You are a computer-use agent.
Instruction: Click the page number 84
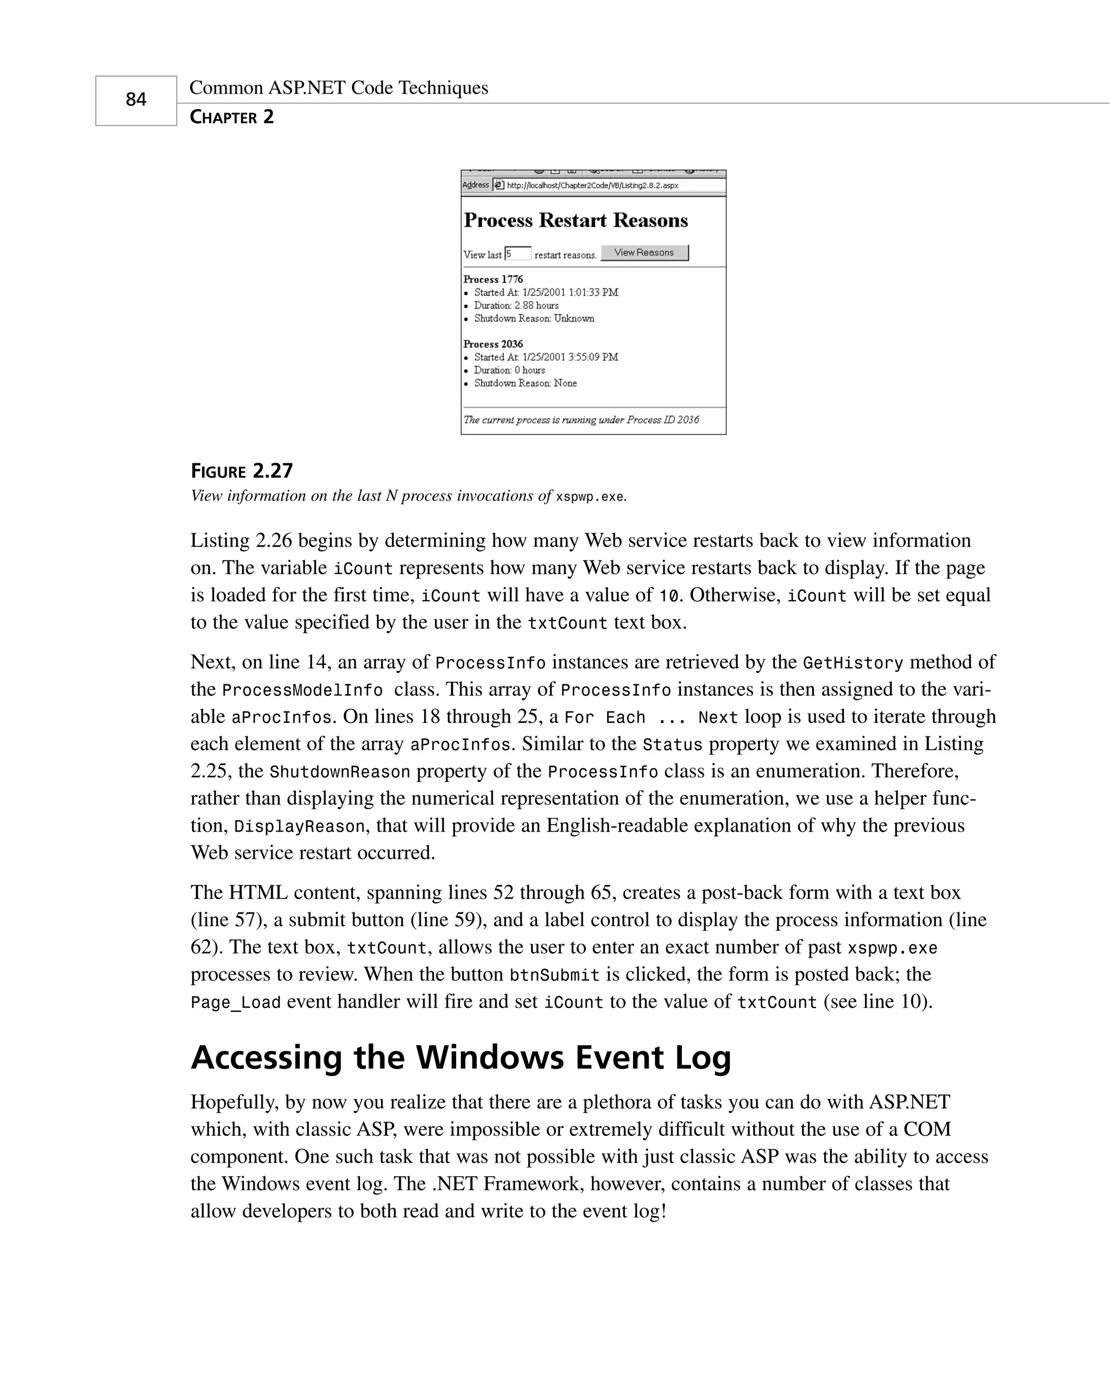(x=136, y=100)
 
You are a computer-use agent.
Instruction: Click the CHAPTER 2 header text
(x=232, y=117)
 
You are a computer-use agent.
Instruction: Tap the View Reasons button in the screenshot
(x=645, y=253)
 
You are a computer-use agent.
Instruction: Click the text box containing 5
(x=518, y=254)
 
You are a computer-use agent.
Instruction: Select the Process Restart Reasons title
(x=575, y=221)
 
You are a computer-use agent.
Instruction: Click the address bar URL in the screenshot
(x=592, y=186)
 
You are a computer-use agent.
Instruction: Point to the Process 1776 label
(x=493, y=279)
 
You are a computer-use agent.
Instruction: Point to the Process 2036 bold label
(x=493, y=344)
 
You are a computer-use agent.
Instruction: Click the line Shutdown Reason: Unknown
(x=534, y=318)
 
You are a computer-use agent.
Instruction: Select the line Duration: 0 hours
(x=509, y=370)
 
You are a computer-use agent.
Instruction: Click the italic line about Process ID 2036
(x=581, y=420)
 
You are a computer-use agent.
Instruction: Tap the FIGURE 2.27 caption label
(x=242, y=471)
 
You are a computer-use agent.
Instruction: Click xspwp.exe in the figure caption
(x=589, y=497)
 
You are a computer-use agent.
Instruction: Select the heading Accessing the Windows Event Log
(x=460, y=1058)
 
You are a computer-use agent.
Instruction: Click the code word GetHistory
(x=852, y=663)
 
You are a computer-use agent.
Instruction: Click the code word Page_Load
(x=236, y=1003)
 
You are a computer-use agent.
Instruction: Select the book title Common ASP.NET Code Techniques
(x=339, y=88)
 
